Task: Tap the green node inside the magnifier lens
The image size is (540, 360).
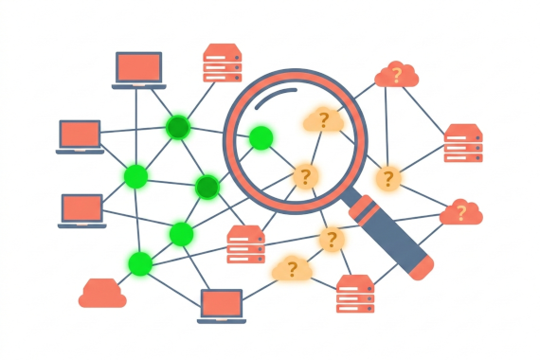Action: click(x=261, y=138)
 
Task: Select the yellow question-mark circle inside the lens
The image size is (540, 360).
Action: click(x=304, y=176)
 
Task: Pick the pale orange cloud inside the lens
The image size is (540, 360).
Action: click(x=322, y=120)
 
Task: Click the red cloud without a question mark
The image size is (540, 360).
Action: click(x=102, y=294)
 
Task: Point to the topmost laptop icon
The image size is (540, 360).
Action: click(x=139, y=69)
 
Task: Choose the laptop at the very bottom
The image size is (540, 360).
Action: click(x=222, y=305)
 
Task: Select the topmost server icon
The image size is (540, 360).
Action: click(x=223, y=63)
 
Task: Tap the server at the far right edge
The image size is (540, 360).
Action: click(x=463, y=143)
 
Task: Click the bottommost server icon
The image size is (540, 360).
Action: click(x=355, y=294)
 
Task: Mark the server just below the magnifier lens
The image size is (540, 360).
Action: click(x=246, y=244)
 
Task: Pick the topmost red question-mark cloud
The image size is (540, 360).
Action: click(x=396, y=75)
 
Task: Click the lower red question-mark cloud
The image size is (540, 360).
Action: click(x=461, y=212)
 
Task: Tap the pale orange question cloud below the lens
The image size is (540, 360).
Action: click(x=292, y=270)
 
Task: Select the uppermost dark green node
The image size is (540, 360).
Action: click(x=177, y=127)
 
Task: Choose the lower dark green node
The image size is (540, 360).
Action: click(x=207, y=188)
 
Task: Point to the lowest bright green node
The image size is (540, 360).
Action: click(x=140, y=262)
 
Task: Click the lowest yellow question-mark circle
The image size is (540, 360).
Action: click(x=331, y=240)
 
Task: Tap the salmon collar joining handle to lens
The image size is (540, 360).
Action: click(x=364, y=207)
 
